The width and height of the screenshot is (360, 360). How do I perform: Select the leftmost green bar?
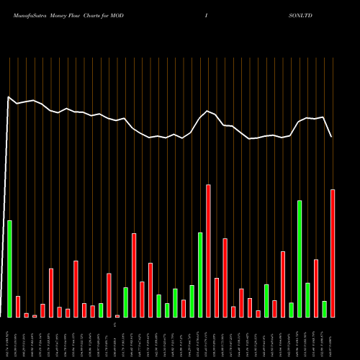coord(9,269)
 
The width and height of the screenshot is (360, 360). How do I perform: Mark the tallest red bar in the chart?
coord(208,251)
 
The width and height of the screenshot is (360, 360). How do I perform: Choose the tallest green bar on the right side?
coord(300,259)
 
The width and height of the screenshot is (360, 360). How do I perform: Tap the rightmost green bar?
coord(325,309)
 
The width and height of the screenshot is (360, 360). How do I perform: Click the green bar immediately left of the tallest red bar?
coord(200,274)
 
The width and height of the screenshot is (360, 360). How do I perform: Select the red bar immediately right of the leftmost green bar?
coord(18,306)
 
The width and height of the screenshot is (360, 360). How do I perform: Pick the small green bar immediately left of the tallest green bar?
coord(292,310)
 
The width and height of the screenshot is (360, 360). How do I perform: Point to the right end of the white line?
coord(331,136)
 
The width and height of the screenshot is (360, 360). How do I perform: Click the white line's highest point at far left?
coord(9,96)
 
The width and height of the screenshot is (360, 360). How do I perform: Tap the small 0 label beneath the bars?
coord(114,326)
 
